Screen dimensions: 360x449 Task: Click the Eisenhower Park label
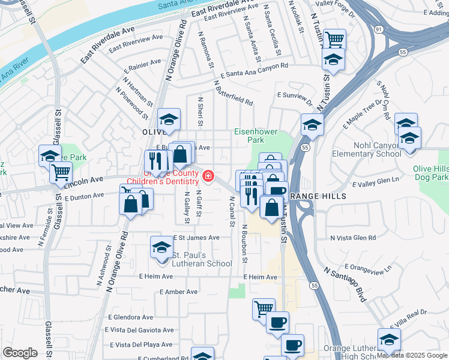point(249,136)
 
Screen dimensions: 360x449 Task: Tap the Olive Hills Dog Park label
point(430,173)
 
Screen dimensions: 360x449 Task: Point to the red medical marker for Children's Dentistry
point(208,176)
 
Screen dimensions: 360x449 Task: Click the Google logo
point(20,353)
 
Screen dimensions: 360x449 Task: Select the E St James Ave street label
point(196,238)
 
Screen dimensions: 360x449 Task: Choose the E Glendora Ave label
point(131,317)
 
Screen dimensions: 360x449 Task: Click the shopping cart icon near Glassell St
point(60,172)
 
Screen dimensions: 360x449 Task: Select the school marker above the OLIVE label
point(169,119)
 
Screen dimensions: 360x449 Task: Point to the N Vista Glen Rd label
point(357,238)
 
